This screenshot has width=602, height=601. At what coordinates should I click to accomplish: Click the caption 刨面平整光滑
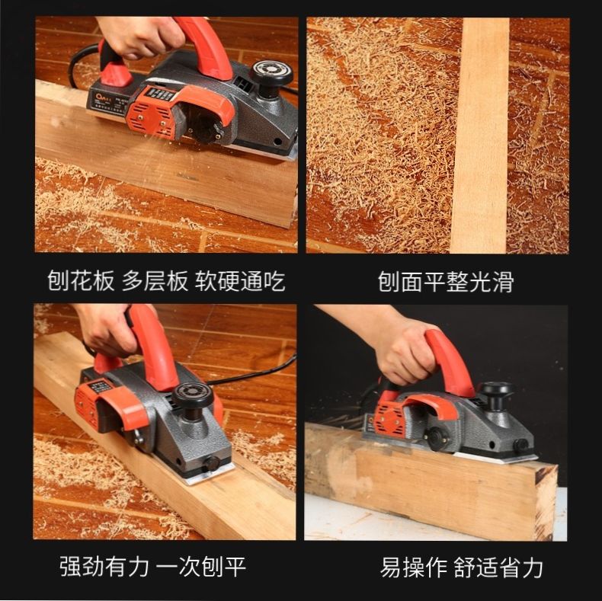point(445,282)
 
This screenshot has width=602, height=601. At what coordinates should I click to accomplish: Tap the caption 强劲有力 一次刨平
point(152,567)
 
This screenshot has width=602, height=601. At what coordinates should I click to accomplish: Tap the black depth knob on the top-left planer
point(272,74)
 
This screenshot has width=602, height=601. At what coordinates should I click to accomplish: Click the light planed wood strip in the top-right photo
point(480,137)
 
